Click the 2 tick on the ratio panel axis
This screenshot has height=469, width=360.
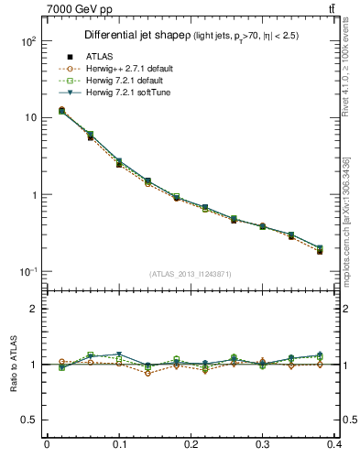tap(32, 309)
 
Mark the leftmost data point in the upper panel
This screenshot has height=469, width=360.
tap(61, 111)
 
